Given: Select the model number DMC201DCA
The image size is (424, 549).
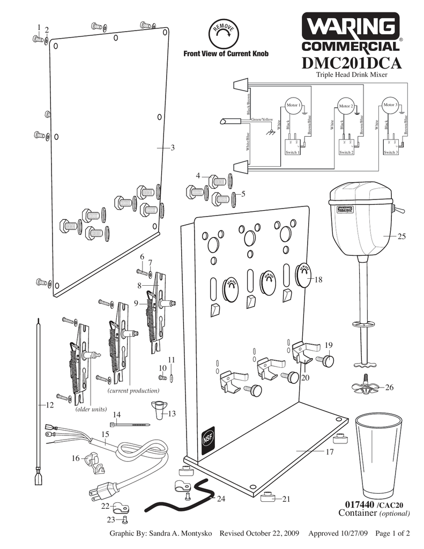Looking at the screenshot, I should tap(351, 63).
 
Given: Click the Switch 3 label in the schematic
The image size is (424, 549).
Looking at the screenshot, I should tap(390, 153).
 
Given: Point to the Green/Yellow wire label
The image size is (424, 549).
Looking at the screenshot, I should tap(262, 120).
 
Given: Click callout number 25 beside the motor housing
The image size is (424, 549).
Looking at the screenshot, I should tap(401, 236).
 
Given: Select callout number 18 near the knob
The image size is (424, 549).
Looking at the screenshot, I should tap(319, 280).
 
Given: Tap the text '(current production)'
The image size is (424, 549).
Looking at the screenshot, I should tap(133, 391).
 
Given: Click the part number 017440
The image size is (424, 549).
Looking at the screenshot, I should tap(359, 505).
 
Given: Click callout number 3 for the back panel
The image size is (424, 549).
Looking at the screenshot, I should tap(173, 148).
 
